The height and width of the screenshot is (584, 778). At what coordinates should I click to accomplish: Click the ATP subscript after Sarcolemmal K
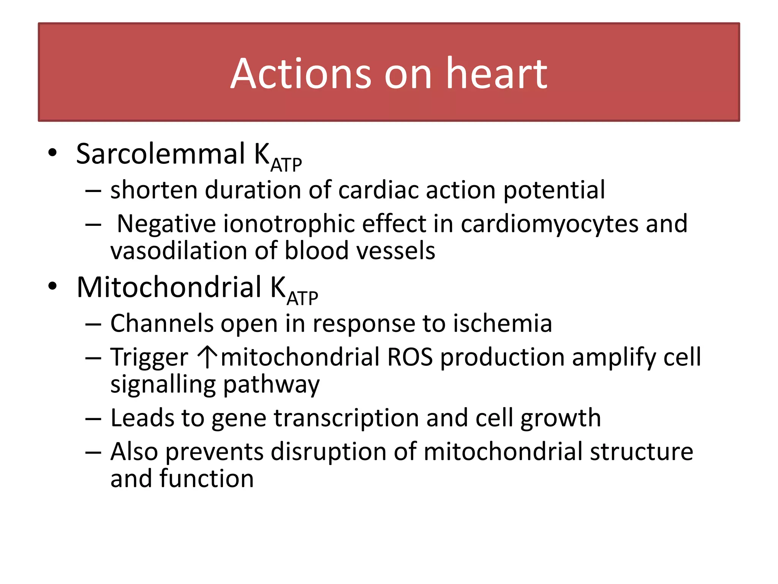point(286,165)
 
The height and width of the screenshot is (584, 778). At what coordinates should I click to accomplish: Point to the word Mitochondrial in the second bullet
point(169,287)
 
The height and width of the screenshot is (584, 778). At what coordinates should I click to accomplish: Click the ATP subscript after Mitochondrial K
point(302,298)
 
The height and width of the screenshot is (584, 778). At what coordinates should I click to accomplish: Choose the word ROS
point(410,357)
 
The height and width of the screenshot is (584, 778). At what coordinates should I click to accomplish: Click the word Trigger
point(149,357)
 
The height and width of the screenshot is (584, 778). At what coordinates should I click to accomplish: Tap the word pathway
point(271,385)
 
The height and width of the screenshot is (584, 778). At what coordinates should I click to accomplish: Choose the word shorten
point(154,190)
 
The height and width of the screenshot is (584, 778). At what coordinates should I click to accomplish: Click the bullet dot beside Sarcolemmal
point(52,153)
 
